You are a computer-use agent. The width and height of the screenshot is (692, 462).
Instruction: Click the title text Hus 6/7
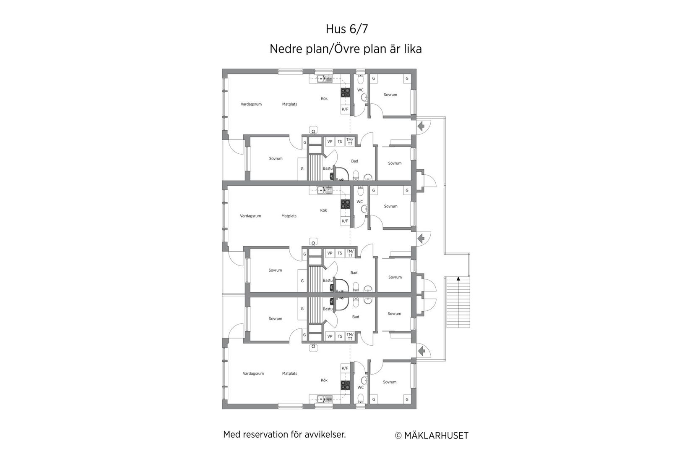point(346,29)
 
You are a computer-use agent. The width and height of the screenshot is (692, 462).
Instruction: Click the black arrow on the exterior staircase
point(458,278)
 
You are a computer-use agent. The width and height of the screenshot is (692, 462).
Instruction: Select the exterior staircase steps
point(458,302)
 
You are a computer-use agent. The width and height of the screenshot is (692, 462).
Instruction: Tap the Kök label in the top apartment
point(324,98)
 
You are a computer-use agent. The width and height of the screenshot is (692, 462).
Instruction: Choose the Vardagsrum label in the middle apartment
point(250,216)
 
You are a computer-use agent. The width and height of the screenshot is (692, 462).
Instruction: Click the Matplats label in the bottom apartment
point(289,373)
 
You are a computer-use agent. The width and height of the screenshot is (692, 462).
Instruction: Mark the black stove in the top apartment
point(346,92)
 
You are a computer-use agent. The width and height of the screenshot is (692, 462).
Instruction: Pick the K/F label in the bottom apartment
point(345,368)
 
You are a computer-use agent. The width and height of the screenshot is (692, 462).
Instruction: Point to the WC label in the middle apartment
point(359,202)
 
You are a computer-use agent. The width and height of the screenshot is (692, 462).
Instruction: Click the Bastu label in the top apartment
point(328,168)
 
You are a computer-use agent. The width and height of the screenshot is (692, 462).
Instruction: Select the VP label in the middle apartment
point(330,253)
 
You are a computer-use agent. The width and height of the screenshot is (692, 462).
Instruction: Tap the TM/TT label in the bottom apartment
point(350,336)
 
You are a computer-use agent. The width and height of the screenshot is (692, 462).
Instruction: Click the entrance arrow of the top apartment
point(421,126)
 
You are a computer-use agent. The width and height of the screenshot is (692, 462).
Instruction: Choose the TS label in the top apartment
point(340,142)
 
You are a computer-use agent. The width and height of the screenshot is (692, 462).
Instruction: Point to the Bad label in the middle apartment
point(354,273)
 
